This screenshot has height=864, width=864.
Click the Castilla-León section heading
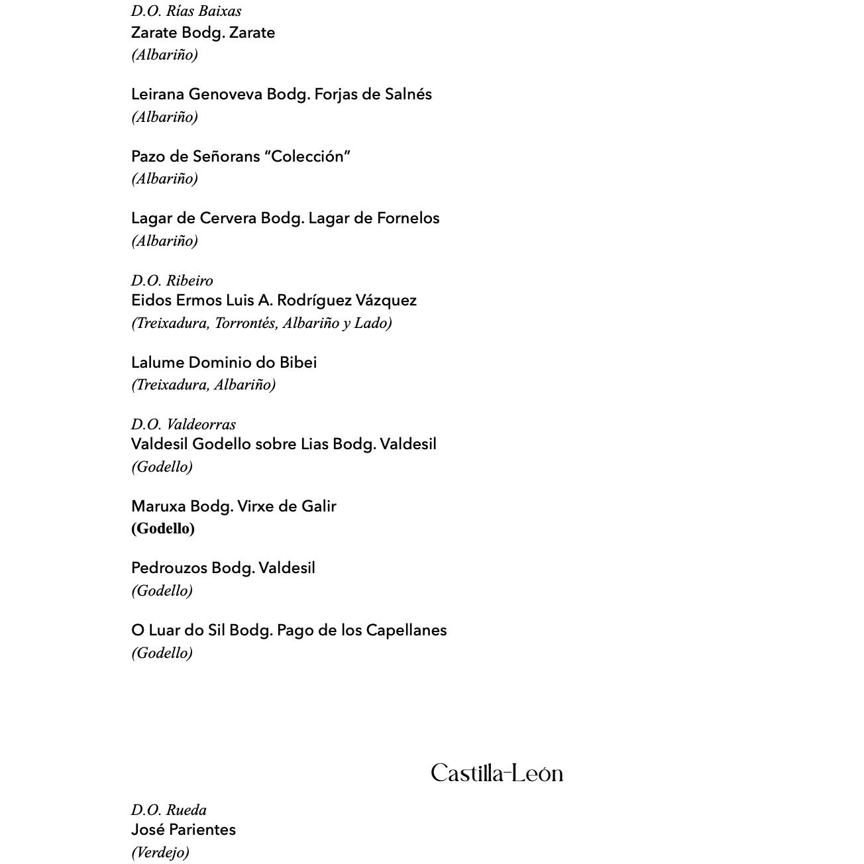497,773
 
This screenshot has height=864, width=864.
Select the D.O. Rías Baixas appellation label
186,11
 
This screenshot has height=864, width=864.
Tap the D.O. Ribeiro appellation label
172,280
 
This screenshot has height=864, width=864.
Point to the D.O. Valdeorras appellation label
184,424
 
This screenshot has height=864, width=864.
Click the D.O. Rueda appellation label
169,810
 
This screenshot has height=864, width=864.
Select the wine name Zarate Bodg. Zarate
203,32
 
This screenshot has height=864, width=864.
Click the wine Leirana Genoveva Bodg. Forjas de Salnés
281,94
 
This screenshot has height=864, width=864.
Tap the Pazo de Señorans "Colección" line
241,156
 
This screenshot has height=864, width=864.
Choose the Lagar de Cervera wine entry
285,218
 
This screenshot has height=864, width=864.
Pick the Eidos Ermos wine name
274,300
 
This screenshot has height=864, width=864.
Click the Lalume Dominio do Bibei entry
224,362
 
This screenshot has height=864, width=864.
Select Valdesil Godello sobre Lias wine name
284,444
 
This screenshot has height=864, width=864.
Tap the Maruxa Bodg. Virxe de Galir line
233,506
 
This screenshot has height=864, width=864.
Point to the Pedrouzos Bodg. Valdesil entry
223,568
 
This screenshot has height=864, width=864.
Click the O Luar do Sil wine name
289,630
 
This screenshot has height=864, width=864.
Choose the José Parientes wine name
184,830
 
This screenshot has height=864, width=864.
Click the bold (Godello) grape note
163,528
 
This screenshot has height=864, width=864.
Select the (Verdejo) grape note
160,852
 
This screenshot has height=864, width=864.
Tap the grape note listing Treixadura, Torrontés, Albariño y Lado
262,323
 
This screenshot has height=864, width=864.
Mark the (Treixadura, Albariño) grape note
203,384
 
